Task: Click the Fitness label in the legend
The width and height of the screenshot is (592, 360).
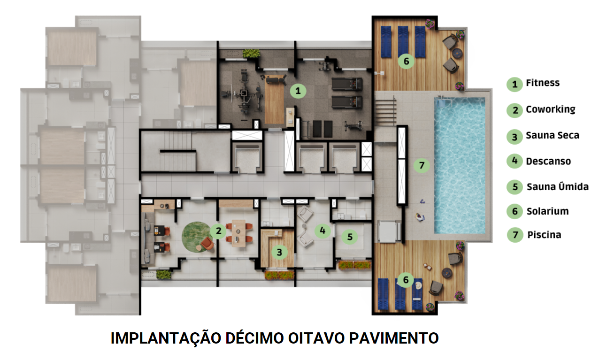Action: click(x=543, y=83)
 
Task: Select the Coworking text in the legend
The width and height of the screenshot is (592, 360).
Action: click(x=550, y=109)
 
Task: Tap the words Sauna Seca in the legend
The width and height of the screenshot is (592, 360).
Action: click(x=552, y=136)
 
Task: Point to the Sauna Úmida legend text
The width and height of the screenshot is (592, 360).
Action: click(x=557, y=187)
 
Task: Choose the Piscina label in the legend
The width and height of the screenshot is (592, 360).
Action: click(x=544, y=235)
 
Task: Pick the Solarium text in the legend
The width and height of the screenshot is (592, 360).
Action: click(x=547, y=211)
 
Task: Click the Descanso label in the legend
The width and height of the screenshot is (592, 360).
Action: click(x=548, y=161)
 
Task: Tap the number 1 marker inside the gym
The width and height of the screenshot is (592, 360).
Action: click(x=297, y=91)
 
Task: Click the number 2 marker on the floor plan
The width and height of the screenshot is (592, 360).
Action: click(x=218, y=231)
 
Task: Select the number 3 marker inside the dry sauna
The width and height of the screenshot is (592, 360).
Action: click(x=280, y=253)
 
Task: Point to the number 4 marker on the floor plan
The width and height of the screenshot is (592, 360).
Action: click(x=322, y=230)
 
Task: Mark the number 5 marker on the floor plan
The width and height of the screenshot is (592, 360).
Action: click(x=350, y=237)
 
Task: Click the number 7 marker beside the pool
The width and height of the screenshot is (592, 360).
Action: click(x=422, y=165)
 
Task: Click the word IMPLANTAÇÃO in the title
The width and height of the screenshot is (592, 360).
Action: click(x=159, y=338)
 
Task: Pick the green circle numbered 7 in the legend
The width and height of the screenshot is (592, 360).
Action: click(x=515, y=235)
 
